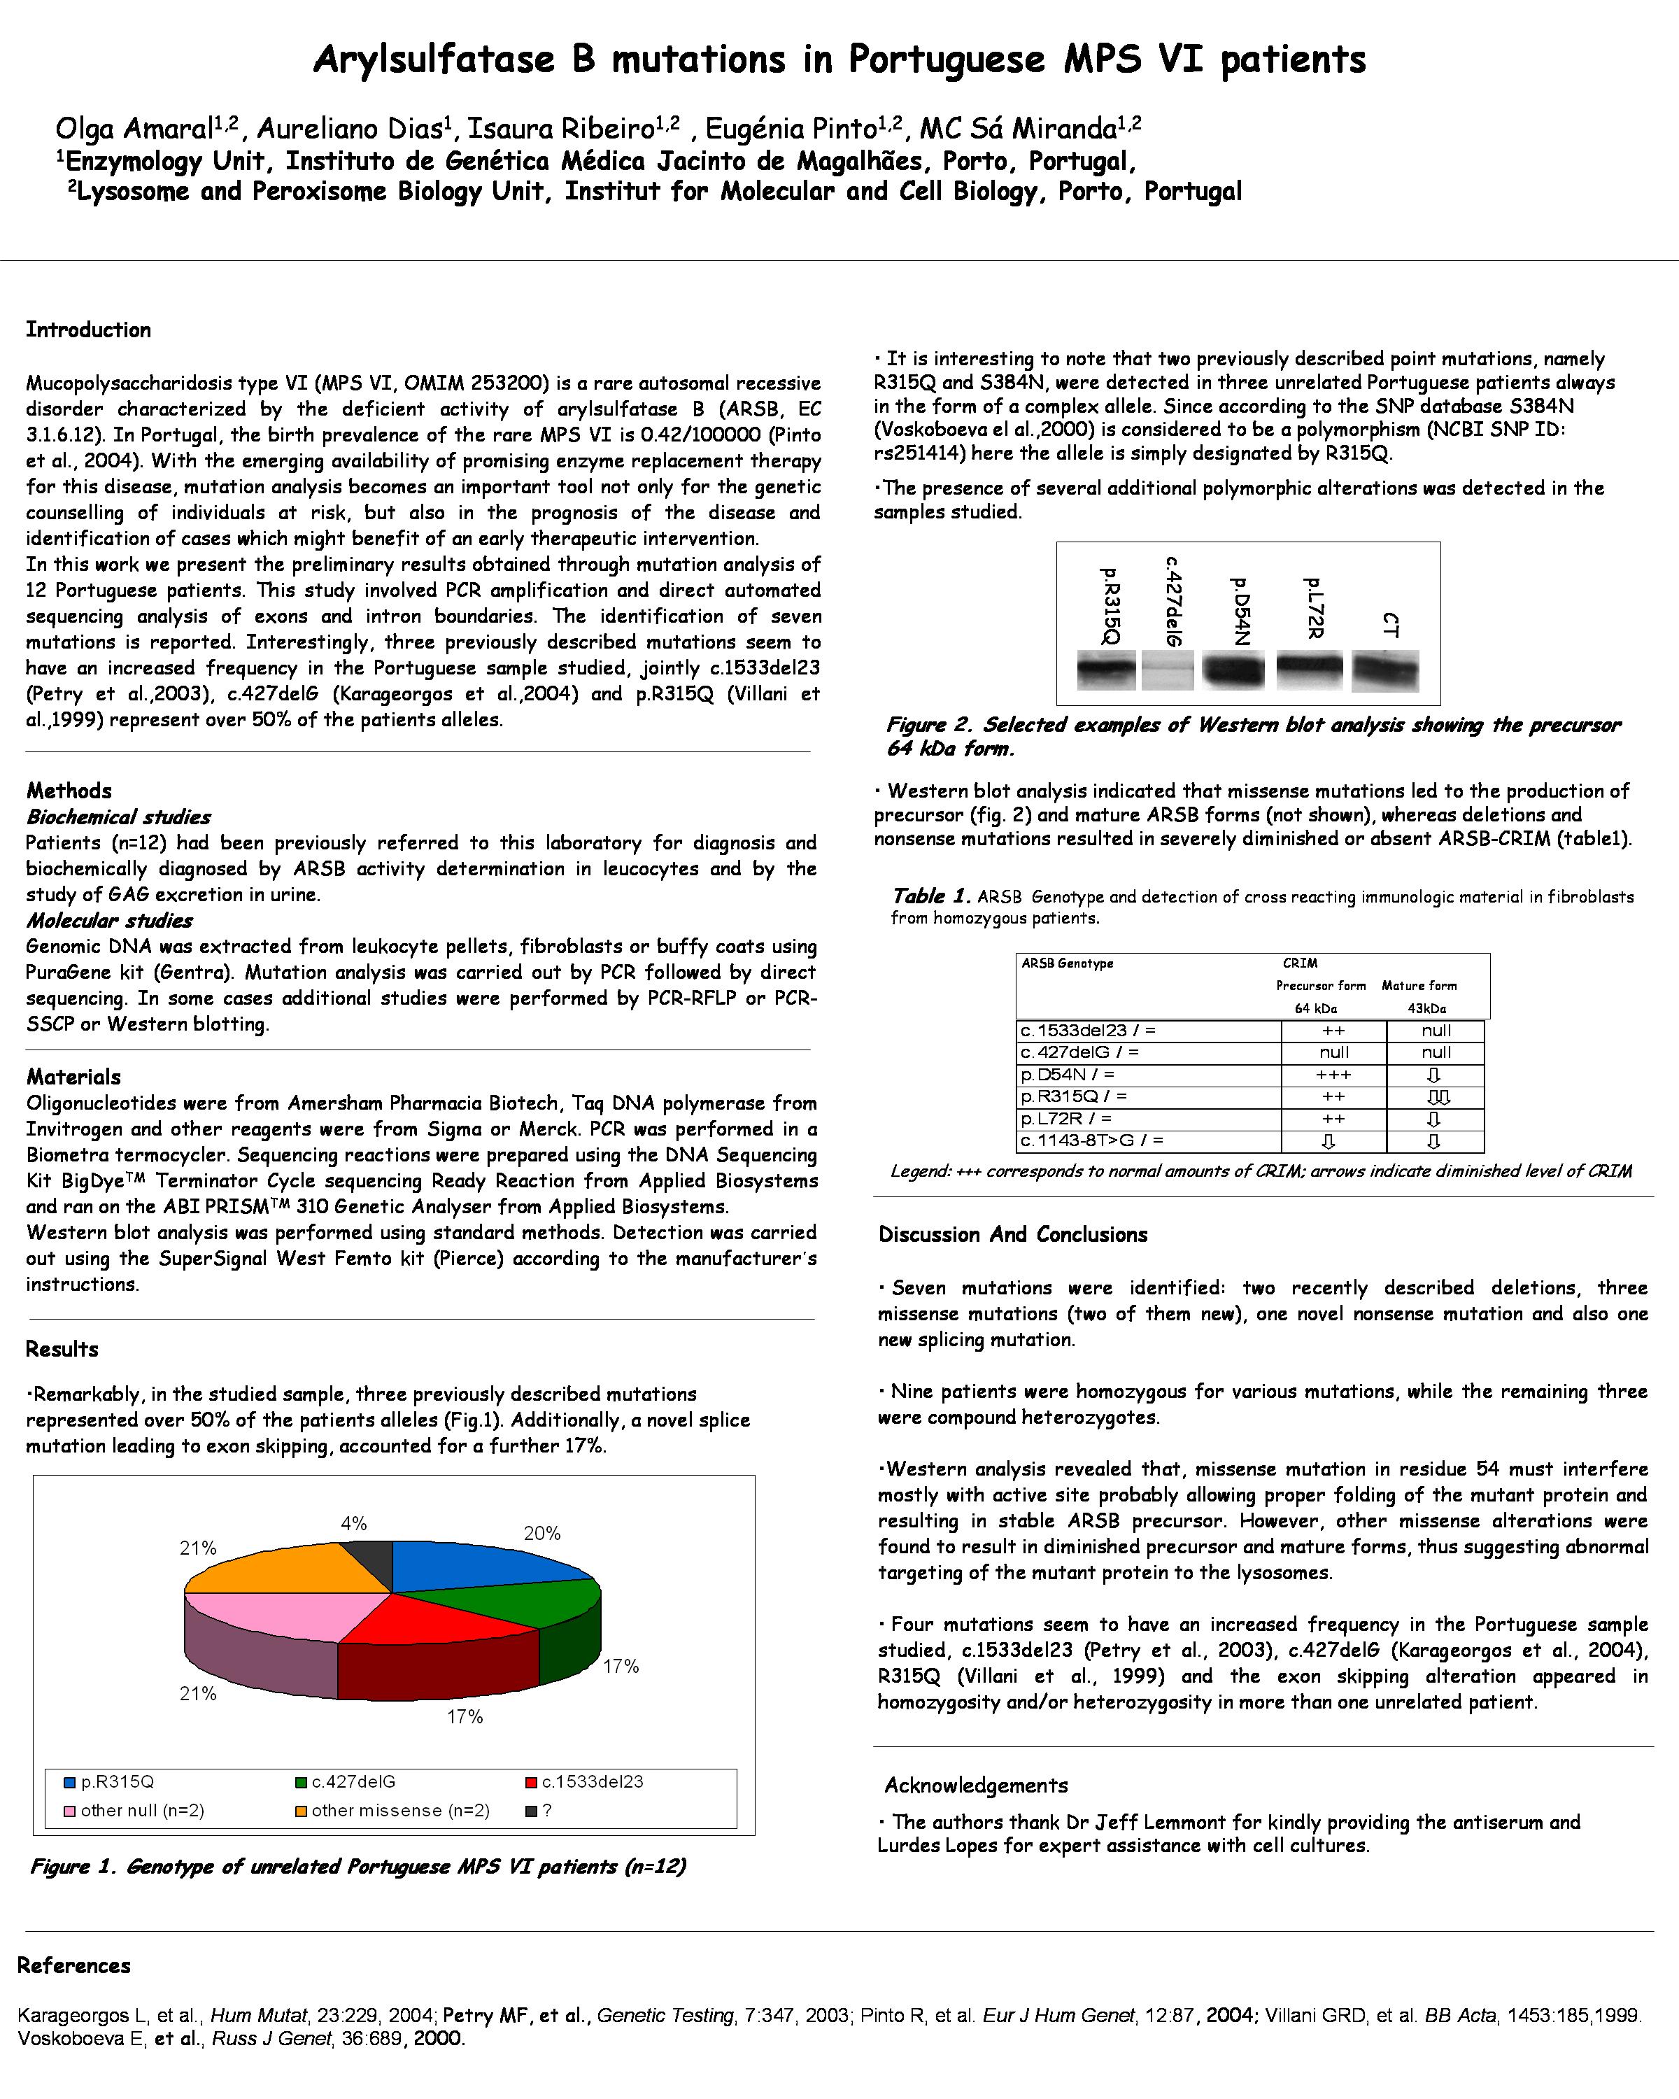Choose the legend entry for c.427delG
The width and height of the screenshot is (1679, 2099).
point(346,1781)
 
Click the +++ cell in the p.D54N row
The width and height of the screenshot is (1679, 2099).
point(1333,1075)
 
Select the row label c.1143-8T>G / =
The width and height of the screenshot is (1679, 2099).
point(1091,1140)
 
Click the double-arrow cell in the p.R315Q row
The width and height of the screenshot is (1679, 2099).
point(1437,1097)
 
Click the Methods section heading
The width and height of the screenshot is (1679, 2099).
point(69,791)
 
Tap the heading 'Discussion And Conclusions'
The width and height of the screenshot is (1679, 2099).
point(1012,1234)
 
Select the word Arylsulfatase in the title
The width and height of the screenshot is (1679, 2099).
point(434,60)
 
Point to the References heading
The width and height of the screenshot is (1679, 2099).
point(74,1965)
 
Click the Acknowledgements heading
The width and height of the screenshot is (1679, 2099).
point(975,1786)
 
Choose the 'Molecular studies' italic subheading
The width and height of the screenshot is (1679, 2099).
point(109,920)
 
